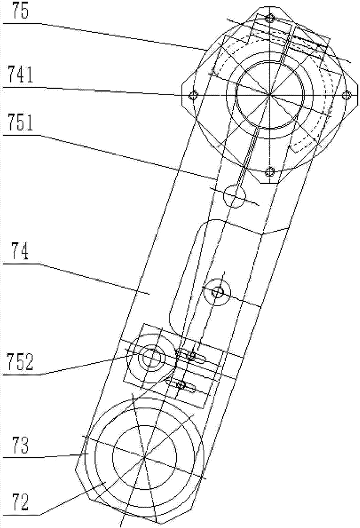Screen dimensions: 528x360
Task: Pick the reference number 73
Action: tap(19, 449)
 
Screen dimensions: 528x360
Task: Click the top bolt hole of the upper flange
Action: tap(270, 18)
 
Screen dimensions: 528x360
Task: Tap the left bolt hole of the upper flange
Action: tap(193, 96)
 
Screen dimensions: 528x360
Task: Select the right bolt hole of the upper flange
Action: tap(347, 95)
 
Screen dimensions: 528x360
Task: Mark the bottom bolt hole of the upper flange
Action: tap(270, 172)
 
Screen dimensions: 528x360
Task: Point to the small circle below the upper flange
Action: tap(235, 195)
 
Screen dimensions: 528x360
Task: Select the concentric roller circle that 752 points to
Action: tap(151, 358)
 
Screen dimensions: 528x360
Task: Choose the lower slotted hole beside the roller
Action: tap(181, 384)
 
